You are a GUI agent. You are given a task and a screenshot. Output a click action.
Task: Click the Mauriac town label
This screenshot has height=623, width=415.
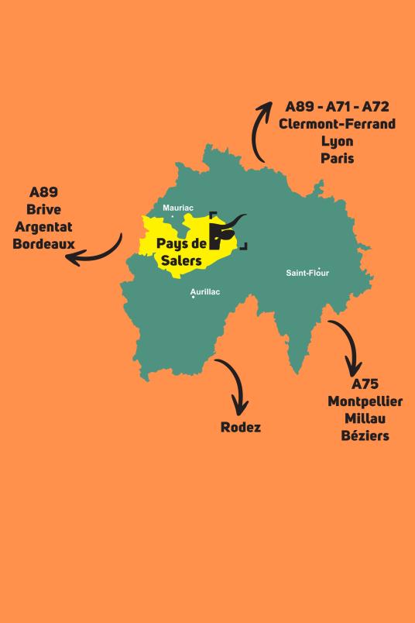click(x=178, y=208)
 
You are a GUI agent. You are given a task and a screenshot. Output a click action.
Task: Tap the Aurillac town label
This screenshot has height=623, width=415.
click(x=205, y=291)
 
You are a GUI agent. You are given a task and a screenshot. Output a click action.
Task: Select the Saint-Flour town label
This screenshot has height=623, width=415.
click(x=307, y=273)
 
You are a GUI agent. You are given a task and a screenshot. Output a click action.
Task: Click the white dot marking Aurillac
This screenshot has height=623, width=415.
click(x=193, y=298)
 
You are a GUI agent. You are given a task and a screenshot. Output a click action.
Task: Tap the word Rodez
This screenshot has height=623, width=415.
click(x=241, y=427)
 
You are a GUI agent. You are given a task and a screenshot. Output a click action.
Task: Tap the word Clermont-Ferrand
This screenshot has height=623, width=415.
click(x=337, y=124)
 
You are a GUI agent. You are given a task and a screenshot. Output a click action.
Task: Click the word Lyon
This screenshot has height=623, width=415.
click(x=337, y=141)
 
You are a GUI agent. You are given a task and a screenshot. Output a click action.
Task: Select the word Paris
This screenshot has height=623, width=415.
click(x=337, y=158)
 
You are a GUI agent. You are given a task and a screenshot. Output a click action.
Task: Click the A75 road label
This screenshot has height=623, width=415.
click(x=365, y=384)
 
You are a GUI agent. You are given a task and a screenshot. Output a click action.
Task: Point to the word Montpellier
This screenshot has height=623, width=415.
click(x=365, y=401)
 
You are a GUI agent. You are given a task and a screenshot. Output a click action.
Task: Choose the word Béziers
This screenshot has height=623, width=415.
click(x=365, y=435)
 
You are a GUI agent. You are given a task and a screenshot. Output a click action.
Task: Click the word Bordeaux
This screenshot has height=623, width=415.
click(x=43, y=243)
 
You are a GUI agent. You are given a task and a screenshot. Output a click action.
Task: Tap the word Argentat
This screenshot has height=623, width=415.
click(x=43, y=226)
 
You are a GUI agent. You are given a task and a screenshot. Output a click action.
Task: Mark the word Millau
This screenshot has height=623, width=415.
click(x=365, y=418)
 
